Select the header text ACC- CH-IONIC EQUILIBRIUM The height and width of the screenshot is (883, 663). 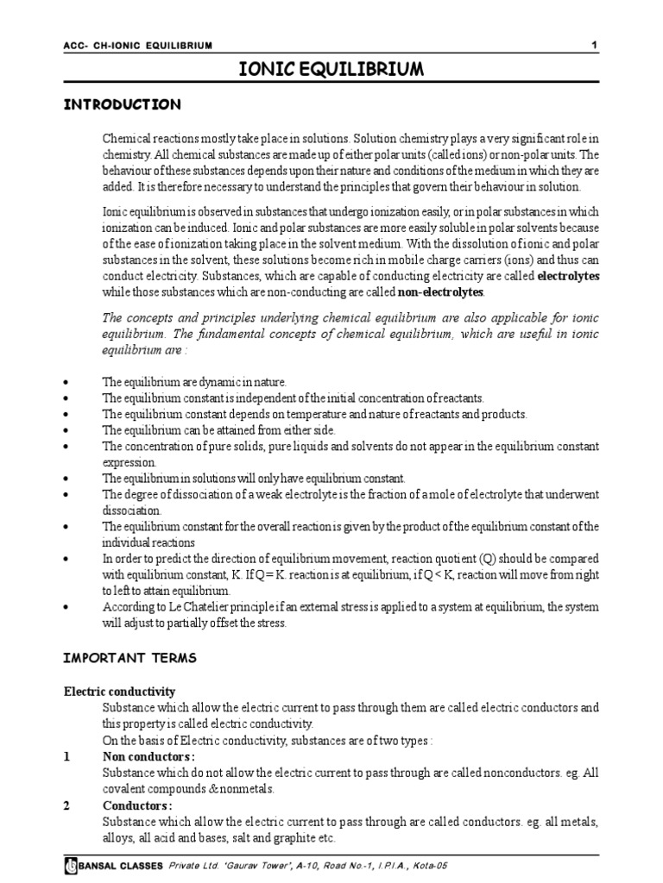click(140, 44)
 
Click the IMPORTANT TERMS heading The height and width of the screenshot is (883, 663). click(131, 658)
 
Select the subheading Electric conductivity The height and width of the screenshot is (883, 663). click(121, 692)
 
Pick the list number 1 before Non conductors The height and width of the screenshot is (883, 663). click(67, 756)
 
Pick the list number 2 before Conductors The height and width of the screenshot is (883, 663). click(67, 805)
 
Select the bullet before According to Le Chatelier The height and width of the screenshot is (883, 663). click(67, 607)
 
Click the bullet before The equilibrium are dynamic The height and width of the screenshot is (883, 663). click(67, 381)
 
